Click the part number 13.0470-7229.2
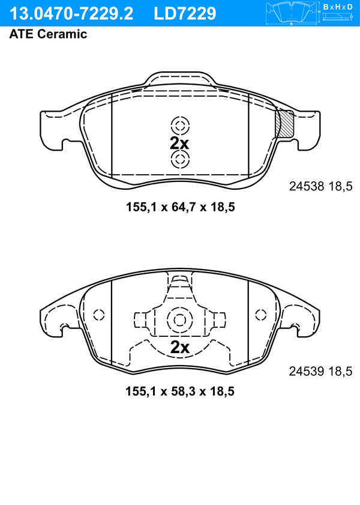pyautogui.click(x=71, y=14)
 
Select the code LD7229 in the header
pyautogui.click(x=185, y=14)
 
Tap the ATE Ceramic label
pyautogui.click(x=48, y=34)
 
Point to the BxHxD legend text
pyautogui.click(x=338, y=7)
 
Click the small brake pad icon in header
pyautogui.click(x=291, y=13)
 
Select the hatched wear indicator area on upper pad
pyautogui.click(x=284, y=123)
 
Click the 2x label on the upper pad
pyautogui.click(x=179, y=143)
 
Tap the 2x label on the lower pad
pyautogui.click(x=180, y=347)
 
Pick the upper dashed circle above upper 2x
pyautogui.click(x=180, y=125)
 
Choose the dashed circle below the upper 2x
pyautogui.click(x=180, y=159)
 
